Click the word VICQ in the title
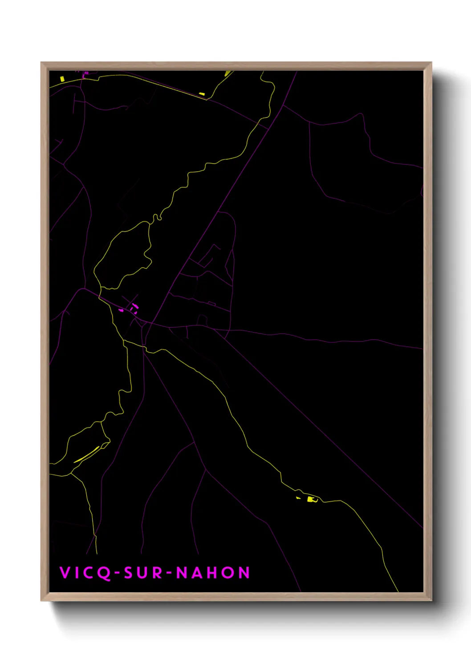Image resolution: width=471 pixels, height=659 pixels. (x=85, y=573)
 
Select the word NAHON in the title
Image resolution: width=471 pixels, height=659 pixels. (x=213, y=573)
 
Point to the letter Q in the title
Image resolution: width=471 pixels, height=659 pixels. (x=104, y=573)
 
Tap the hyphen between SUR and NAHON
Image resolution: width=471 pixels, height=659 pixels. (x=170, y=573)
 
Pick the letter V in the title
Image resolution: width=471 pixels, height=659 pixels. (x=65, y=573)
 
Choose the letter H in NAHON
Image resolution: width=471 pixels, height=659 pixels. (x=213, y=573)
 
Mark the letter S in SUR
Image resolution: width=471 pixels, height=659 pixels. (x=129, y=573)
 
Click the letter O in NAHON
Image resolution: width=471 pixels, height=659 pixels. (x=229, y=573)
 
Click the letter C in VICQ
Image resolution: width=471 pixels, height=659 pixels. (x=89, y=573)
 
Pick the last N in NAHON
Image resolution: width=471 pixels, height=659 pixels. (x=244, y=573)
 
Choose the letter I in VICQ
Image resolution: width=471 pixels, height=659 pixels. (x=76, y=573)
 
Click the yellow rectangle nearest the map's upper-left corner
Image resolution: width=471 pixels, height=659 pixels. (x=62, y=79)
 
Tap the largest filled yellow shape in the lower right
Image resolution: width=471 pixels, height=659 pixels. (x=311, y=499)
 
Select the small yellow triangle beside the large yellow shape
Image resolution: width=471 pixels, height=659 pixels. (x=298, y=497)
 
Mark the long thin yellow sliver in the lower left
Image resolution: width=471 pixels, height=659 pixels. (x=86, y=455)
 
